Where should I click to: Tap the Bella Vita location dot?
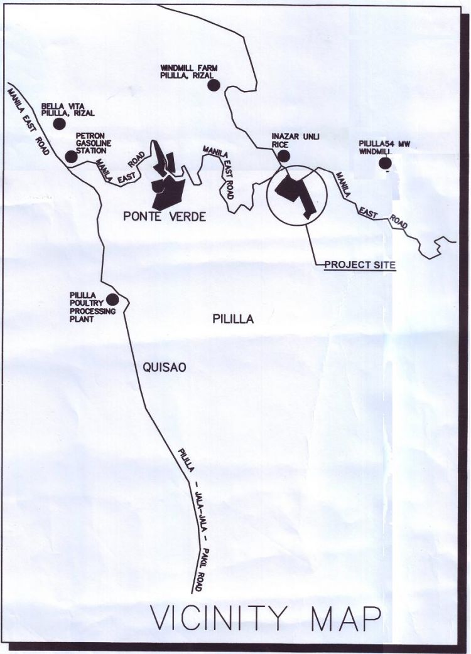59,124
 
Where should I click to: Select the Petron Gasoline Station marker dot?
71,156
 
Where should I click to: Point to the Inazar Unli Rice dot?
284,156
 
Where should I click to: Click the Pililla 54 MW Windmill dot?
385,164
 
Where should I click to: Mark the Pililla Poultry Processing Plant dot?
112,300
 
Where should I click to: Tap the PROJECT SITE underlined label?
360,265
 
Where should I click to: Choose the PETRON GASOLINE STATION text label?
91,143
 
